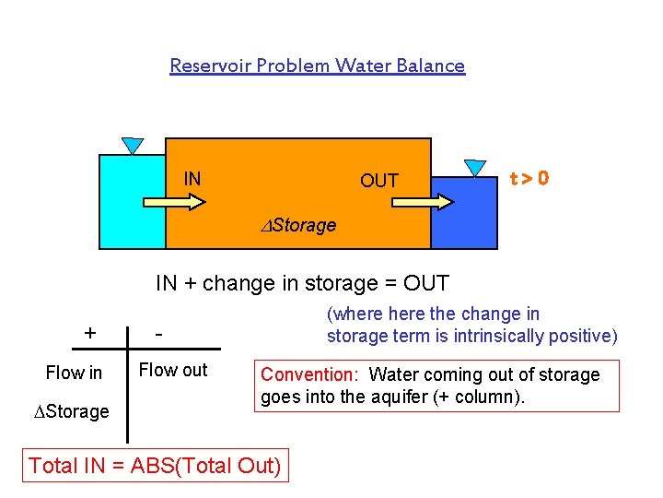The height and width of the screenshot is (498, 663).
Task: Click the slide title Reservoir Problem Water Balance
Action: tap(318, 65)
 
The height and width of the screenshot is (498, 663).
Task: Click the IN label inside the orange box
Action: tap(192, 179)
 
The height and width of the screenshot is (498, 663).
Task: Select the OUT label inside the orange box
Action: tap(378, 181)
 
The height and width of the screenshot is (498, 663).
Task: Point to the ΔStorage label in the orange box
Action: tap(297, 225)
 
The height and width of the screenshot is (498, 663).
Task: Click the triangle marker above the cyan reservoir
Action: tap(133, 146)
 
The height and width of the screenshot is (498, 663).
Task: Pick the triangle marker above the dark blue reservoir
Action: tap(475, 168)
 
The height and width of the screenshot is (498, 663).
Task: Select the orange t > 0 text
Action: tap(530, 178)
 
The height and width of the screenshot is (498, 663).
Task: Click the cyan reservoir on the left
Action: tap(132, 212)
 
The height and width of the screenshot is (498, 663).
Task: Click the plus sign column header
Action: tap(89, 332)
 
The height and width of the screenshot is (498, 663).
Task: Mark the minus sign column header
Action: tap(159, 332)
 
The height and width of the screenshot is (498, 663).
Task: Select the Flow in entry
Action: tap(74, 373)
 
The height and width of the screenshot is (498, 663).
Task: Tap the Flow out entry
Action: tap(173, 371)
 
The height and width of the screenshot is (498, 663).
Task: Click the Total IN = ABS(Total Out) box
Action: tap(155, 466)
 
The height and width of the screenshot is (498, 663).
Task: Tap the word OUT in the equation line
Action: tap(425, 283)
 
